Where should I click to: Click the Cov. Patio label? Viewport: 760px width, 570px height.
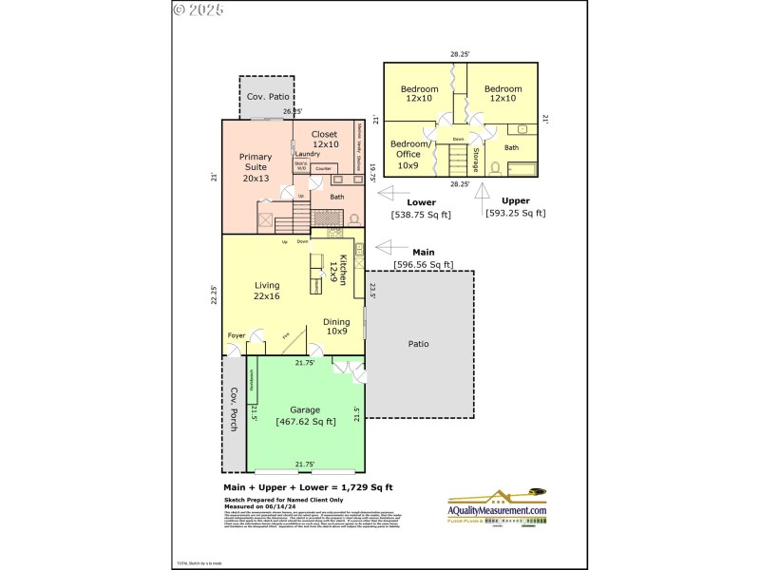[268, 97]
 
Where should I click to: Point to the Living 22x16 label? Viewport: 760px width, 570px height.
[266, 291]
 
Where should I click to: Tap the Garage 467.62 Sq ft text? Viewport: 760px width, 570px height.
[305, 416]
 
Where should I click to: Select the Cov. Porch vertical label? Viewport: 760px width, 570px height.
[233, 409]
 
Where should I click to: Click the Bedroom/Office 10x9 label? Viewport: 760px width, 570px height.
[408, 153]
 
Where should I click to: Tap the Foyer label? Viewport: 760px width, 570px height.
[237, 335]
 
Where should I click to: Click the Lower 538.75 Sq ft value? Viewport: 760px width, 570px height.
[421, 215]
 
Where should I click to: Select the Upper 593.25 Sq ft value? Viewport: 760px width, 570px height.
[515, 213]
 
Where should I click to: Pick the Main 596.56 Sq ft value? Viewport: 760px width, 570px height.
[423, 264]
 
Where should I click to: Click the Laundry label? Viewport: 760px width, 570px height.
[307, 154]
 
